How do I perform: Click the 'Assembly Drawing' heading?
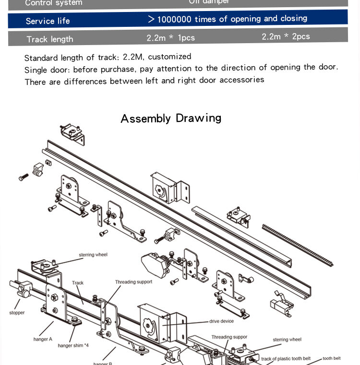pyautogui.click(x=171, y=118)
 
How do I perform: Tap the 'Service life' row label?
pyautogui.click(x=48, y=21)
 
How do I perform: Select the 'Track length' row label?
pyautogui.click(x=50, y=39)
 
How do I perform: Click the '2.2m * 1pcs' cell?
pyautogui.click(x=170, y=37)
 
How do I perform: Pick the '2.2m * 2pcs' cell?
pyautogui.click(x=286, y=36)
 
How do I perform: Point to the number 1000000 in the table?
pyautogui.click(x=174, y=19)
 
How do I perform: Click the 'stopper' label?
pyautogui.click(x=17, y=313)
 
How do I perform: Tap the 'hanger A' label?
pyautogui.click(x=43, y=339)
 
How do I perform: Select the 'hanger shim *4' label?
pyautogui.click(x=73, y=345)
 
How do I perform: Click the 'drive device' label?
pyautogui.click(x=221, y=321)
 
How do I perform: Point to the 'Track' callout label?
pyautogui.click(x=78, y=283)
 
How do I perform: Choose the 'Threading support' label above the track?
pyautogui.click(x=133, y=282)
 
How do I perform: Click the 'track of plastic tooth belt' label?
pyautogui.click(x=286, y=359)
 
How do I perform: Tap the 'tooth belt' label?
pyautogui.click(x=331, y=358)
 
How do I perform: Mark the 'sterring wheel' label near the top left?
pyautogui.click(x=93, y=255)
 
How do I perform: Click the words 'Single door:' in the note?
pyautogui.click(x=47, y=70)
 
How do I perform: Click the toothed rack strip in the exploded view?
pyautogui.click(x=298, y=245)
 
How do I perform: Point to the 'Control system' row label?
pyautogui.click(x=53, y=3)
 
